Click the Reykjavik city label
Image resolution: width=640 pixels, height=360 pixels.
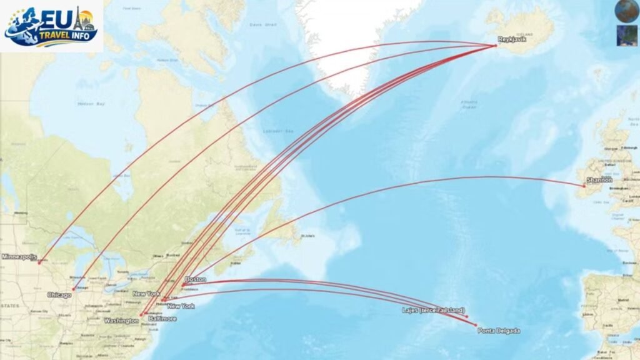[x=509, y=40]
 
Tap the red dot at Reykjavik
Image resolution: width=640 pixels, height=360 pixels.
[x=496, y=45]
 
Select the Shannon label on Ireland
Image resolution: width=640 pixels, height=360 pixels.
[x=599, y=180]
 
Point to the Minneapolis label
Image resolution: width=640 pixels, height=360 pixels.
[x=19, y=257]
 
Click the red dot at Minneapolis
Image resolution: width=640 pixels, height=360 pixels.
[x=39, y=262]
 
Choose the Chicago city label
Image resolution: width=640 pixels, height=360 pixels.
[x=59, y=295]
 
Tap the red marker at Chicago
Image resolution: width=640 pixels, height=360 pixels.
[x=74, y=289]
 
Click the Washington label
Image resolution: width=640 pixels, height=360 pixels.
[x=121, y=321]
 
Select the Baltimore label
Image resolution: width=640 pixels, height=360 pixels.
[x=162, y=319]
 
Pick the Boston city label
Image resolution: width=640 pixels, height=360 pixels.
[x=196, y=279]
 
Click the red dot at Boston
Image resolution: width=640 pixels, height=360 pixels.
[x=182, y=285]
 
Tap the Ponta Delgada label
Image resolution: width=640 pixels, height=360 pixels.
[x=498, y=331]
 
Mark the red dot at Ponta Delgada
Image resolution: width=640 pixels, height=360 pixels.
[x=476, y=325]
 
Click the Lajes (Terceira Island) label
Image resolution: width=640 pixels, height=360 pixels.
[x=434, y=310]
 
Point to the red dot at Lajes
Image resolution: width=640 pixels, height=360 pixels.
[x=466, y=317]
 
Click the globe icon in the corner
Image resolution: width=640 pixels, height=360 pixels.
[x=626, y=11]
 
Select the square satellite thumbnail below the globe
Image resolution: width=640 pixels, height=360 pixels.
[x=626, y=35]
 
